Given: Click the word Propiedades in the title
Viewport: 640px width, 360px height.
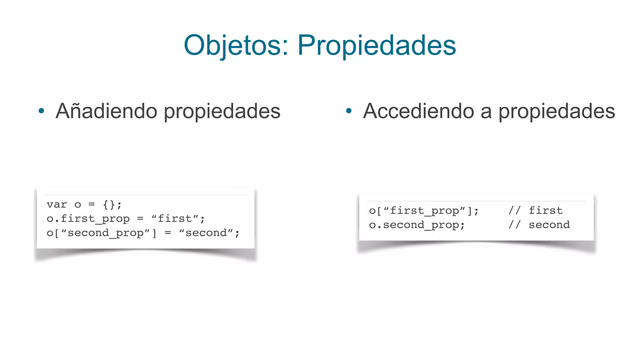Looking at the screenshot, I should (377, 45).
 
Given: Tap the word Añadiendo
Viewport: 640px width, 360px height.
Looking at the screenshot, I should (106, 111).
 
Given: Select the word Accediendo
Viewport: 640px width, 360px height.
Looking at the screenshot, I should (418, 111).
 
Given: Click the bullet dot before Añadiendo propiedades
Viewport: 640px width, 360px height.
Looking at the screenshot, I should (41, 111).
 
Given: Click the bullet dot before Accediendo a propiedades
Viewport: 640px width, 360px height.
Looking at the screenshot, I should (349, 111).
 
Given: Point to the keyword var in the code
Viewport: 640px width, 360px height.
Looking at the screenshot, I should (57, 205).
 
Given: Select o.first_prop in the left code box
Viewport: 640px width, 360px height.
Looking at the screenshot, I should (88, 219).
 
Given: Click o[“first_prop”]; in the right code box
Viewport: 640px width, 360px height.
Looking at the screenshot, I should (423, 211).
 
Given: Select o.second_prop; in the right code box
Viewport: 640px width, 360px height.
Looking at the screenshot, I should (417, 225).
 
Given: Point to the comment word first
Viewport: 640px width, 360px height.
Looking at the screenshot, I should (545, 211).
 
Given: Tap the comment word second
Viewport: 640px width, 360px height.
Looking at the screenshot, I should (549, 225).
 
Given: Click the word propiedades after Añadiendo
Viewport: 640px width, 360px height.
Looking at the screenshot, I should (222, 111).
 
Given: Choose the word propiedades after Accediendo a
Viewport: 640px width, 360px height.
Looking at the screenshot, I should (556, 111).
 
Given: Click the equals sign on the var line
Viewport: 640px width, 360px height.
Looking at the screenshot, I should (92, 205).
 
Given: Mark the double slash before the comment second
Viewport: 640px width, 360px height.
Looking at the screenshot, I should (514, 225).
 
